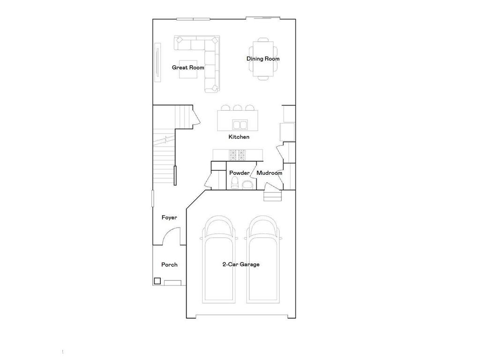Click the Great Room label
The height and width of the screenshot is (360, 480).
click(188, 67)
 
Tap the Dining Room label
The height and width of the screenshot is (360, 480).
click(263, 59)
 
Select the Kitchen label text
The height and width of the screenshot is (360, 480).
click(239, 137)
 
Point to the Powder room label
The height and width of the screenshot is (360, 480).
click(239, 173)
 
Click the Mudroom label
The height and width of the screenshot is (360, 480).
click(269, 173)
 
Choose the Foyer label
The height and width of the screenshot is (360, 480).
click(169, 217)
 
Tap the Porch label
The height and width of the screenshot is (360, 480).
click(169, 264)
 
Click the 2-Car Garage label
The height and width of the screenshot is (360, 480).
click(240, 264)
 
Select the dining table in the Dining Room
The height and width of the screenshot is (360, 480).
click(263, 59)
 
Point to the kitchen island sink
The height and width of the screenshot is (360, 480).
click(240, 125)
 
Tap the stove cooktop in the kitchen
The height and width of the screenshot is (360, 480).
click(237, 154)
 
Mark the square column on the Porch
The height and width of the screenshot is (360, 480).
click(157, 281)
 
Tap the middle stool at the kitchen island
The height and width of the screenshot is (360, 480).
click(237, 108)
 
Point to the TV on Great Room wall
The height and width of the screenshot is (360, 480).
click(158, 63)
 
